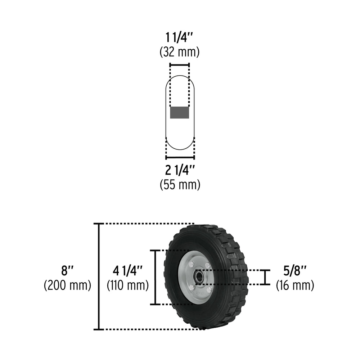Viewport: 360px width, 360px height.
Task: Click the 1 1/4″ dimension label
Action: click(180, 37)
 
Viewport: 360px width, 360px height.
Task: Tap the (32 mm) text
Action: click(180, 52)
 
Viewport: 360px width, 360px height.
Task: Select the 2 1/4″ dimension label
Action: click(180, 170)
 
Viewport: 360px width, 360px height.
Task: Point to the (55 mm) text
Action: click(180, 184)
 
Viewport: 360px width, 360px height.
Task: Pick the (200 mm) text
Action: click(68, 285)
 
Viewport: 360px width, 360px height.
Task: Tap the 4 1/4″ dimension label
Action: click(128, 271)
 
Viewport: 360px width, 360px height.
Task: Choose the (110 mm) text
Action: click(128, 285)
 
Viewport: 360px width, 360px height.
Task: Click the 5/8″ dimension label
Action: click(295, 271)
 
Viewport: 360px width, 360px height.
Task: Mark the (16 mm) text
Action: click(295, 285)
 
